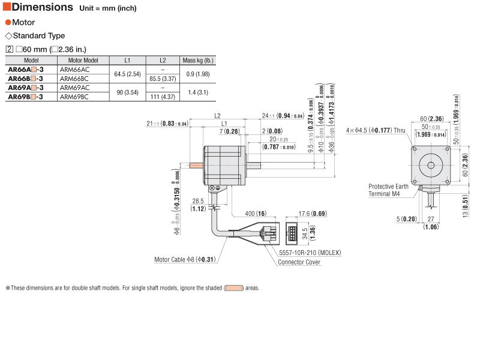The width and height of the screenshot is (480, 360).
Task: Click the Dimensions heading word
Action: click(43, 7)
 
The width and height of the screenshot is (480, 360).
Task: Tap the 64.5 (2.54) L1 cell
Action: click(127, 74)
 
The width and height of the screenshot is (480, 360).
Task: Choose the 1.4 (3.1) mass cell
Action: click(198, 92)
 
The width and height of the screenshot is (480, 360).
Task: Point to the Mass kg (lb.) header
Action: click(198, 61)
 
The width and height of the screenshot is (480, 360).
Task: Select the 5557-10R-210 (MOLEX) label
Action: click(309, 253)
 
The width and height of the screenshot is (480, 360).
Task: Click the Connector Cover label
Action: click(299, 262)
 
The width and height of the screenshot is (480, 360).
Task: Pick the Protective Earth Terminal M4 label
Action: click(388, 190)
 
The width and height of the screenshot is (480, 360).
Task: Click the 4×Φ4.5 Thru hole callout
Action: click(376, 130)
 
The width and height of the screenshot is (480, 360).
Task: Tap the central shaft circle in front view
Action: click(430, 164)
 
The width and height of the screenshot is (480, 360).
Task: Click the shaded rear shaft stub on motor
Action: click(197, 164)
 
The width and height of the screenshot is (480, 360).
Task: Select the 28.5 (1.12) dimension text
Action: click(198, 205)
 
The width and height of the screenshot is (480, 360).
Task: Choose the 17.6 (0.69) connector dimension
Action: click(311, 214)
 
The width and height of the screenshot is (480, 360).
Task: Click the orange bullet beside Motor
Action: click(8, 22)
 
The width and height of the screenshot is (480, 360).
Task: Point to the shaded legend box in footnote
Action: click(233, 288)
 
